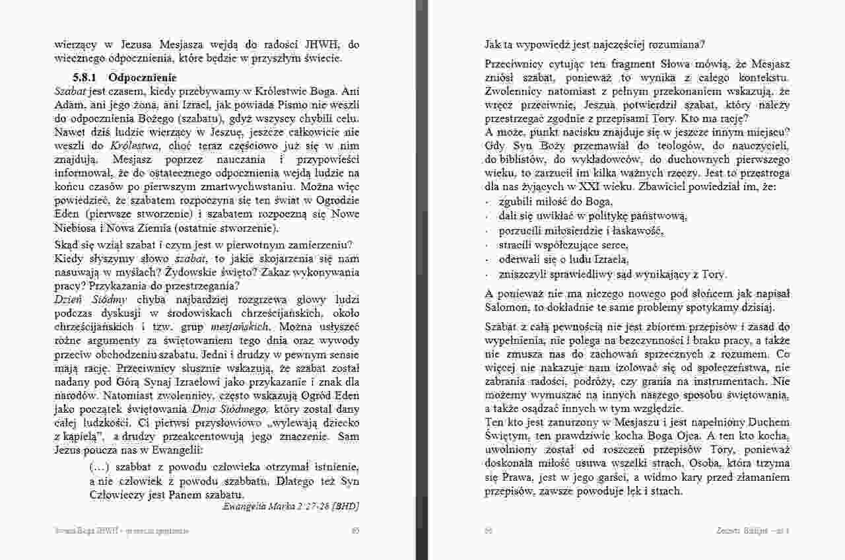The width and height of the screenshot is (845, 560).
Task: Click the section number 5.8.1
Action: pos(87,77)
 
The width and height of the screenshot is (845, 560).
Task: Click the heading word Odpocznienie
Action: pos(138,77)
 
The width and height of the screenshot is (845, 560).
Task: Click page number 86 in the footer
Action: pos(489,530)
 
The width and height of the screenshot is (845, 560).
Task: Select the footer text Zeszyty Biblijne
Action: pos(743,530)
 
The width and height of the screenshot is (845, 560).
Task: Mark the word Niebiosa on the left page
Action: pos(75,229)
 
